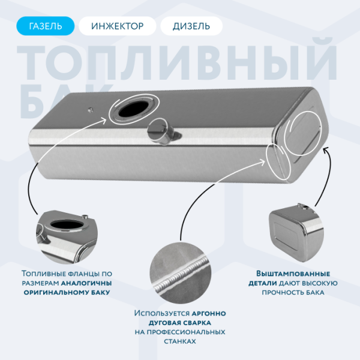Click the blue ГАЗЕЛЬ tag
[45, 26]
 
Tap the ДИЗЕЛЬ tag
[191, 26]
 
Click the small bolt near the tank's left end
[88, 109]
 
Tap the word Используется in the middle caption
[161, 313]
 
